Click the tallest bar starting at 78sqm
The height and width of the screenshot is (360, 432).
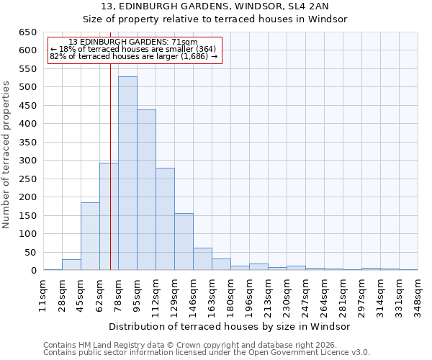[x=127, y=174]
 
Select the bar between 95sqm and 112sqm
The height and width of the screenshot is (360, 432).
[x=146, y=190]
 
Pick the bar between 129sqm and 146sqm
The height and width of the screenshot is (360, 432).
[x=184, y=242]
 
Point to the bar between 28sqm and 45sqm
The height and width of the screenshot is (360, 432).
[x=71, y=265]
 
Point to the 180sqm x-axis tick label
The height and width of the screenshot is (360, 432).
[x=230, y=294]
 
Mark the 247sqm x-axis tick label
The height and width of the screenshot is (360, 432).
[x=305, y=294]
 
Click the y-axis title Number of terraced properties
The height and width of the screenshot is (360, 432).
[x=6, y=154]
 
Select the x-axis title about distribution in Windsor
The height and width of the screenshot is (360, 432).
[x=230, y=326]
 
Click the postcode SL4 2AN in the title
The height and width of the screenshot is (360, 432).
[x=309, y=7]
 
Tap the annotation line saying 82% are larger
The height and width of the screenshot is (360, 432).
[x=133, y=56]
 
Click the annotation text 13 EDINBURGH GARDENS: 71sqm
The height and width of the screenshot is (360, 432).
[x=133, y=42]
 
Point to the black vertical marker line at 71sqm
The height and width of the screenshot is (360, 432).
[x=110, y=180]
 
